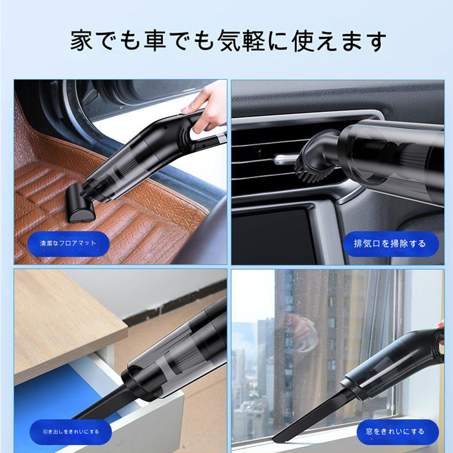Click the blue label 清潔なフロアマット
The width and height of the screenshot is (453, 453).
(x=68, y=244)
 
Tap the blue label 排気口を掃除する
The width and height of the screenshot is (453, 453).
(x=391, y=244)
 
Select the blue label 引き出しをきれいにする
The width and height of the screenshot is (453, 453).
(x=70, y=432)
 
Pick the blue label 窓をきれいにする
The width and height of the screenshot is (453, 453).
(x=398, y=432)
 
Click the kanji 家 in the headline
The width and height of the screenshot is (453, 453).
(x=82, y=40)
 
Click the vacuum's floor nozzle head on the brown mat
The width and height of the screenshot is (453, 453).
(x=80, y=205)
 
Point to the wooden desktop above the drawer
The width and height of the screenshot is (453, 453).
(x=66, y=323)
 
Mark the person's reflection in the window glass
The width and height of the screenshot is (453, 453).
(x=300, y=332)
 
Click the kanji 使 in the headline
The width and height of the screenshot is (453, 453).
(x=303, y=40)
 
